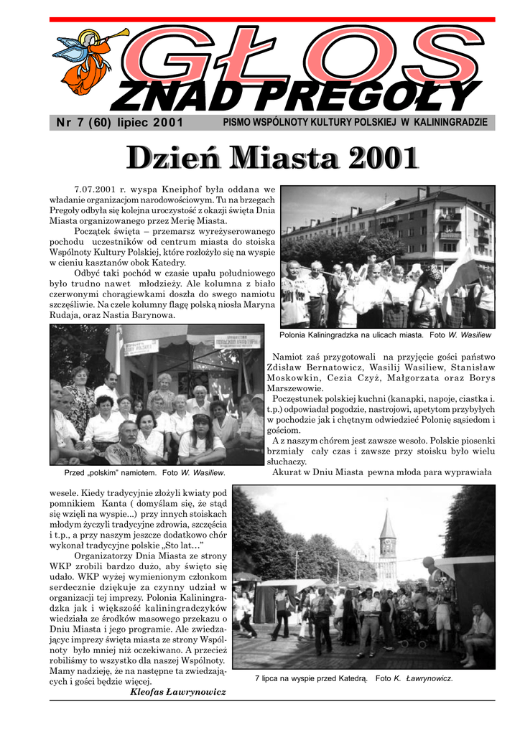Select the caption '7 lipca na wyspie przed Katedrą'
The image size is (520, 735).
point(311,678)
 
